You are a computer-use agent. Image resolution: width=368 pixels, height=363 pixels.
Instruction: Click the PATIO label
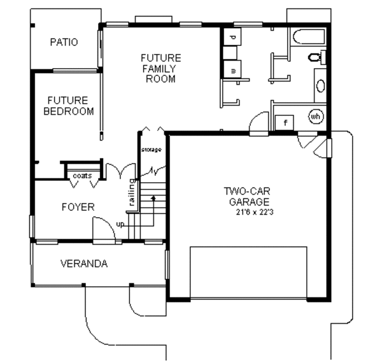point(64,42)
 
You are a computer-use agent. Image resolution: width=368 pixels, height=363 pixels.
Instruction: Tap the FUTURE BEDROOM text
point(67,105)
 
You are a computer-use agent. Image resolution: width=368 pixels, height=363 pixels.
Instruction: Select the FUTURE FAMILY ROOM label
point(161,68)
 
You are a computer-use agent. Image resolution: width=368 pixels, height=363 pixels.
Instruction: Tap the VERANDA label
point(84,264)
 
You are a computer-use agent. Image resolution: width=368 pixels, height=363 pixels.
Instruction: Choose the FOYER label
point(78,207)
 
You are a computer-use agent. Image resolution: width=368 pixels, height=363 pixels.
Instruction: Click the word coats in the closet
point(82,176)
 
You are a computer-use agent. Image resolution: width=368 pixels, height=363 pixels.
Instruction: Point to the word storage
point(151,150)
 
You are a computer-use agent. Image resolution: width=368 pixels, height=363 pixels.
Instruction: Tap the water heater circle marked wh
point(316,116)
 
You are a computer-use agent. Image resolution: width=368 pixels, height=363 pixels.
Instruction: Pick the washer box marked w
point(233,69)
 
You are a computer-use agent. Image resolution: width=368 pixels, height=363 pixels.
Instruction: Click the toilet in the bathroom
point(315,58)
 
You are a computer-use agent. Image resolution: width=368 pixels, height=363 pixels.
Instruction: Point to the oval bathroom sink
point(321,85)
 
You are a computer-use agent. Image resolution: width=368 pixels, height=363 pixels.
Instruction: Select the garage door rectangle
point(248,273)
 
